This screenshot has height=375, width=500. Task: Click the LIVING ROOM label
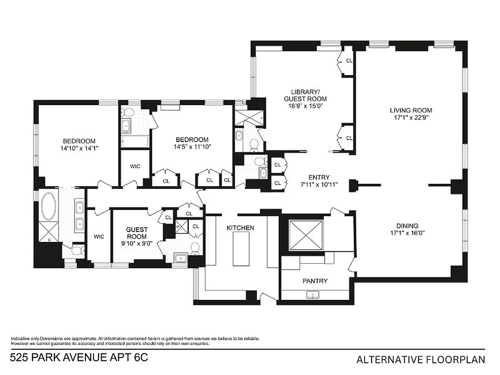[x=410, y=111]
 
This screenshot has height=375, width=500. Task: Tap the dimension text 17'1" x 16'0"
[x=406, y=232]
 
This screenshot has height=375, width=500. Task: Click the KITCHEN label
[x=240, y=228]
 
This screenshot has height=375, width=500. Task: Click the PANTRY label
[x=315, y=281]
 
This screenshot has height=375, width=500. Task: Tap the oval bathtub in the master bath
[x=48, y=207]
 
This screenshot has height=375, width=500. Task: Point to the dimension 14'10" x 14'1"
[x=79, y=148]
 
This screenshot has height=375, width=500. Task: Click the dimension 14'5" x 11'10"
[x=192, y=146]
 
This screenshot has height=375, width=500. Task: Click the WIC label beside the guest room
[x=98, y=237]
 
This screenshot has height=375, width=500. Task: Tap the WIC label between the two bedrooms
[x=135, y=166]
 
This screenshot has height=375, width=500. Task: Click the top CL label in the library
[x=349, y=61]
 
